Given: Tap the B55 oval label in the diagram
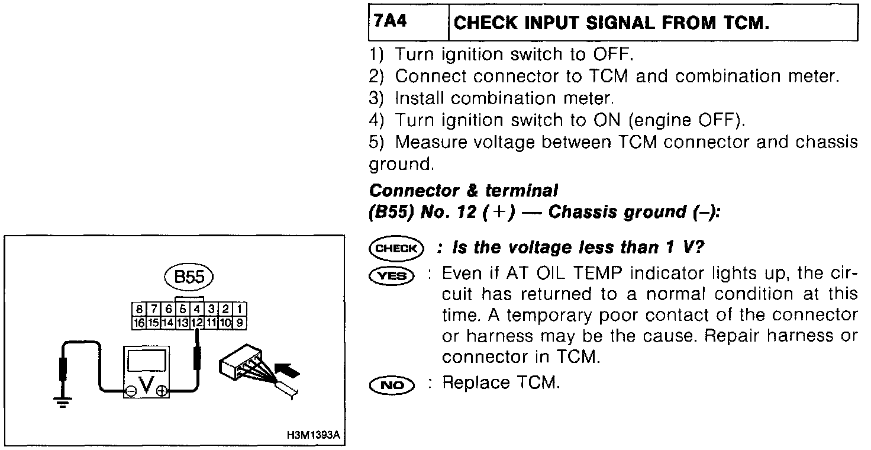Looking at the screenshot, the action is [189, 278].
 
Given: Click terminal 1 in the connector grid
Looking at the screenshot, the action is [240, 308].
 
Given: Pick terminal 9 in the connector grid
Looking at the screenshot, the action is [240, 323].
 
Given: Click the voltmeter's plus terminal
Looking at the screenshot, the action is [161, 390].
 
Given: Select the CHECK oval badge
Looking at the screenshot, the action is [396, 249].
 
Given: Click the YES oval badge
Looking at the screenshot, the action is [391, 275].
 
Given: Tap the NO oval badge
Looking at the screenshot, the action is [391, 385].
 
